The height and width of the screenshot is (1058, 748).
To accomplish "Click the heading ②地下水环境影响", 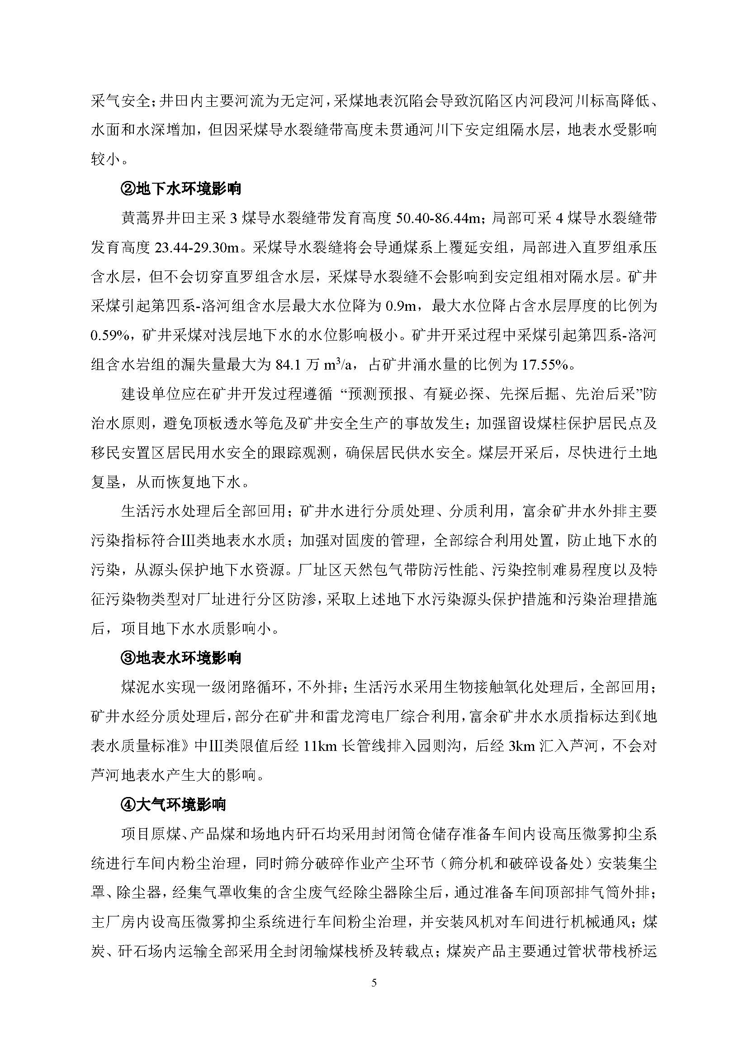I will tap(180, 189).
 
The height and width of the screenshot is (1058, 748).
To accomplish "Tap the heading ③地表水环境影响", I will tap(180, 658).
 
